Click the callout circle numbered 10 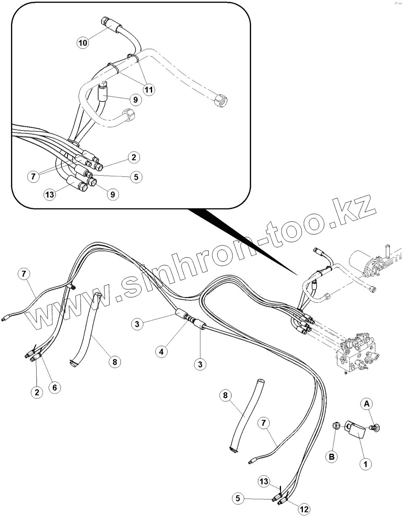(x=83, y=42)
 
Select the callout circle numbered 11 (x=149, y=89)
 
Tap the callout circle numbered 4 (x=162, y=351)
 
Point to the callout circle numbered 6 (x=54, y=387)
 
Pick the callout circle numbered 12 (x=303, y=509)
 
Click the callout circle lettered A (x=367, y=404)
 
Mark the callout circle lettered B (x=332, y=456)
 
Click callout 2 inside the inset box (x=134, y=157)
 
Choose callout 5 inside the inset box (x=136, y=177)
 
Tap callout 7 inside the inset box (x=33, y=176)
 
